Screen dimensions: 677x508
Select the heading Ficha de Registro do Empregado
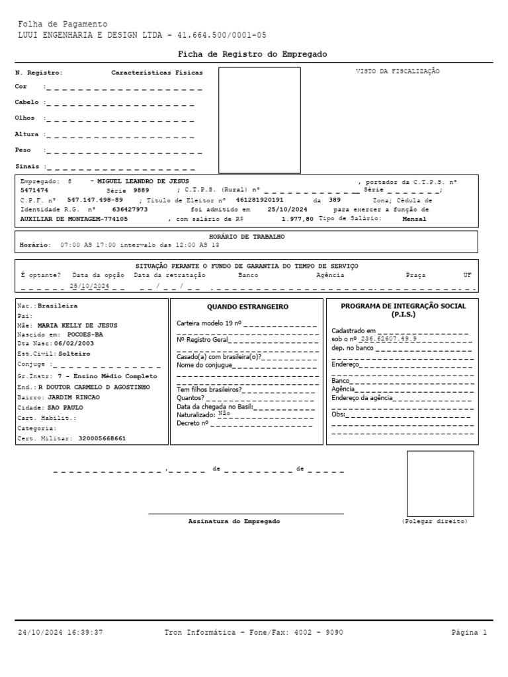pyautogui.click(x=252, y=54)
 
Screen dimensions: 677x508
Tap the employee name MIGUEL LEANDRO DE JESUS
pyautogui.click(x=143, y=180)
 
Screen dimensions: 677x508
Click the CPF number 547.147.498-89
pyautogui.click(x=95, y=199)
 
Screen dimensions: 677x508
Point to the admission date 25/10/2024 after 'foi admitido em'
pyautogui.click(x=284, y=208)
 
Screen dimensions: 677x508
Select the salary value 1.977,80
pyautogui.click(x=297, y=218)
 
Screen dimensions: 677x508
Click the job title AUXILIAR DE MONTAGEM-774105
pyautogui.click(x=74, y=218)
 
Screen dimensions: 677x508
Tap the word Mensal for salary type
pyautogui.click(x=414, y=218)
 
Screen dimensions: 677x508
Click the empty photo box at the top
pyautogui.click(x=259, y=119)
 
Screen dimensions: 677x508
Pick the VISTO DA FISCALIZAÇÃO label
pyautogui.click(x=398, y=71)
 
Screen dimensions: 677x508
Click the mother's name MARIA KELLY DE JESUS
pyautogui.click(x=77, y=325)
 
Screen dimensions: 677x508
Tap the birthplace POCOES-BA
pyautogui.click(x=85, y=335)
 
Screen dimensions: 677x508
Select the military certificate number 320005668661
pyautogui.click(x=102, y=438)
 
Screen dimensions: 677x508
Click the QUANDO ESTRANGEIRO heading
pyautogui.click(x=247, y=307)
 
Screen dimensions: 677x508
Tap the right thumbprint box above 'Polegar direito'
pyautogui.click(x=440, y=483)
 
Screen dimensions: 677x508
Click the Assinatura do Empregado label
pyautogui.click(x=234, y=521)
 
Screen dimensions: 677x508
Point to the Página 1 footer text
pyautogui.click(x=469, y=633)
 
